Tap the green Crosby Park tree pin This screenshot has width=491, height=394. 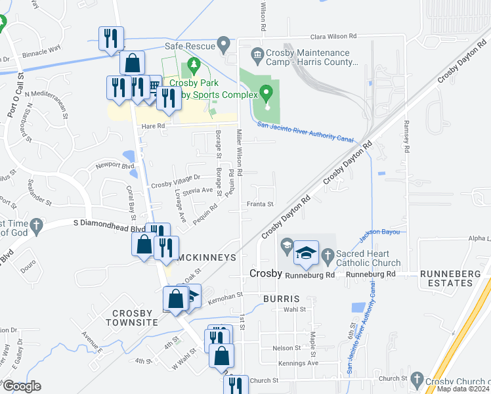click(x=193, y=66)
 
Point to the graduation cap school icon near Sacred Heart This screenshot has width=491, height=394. click(x=306, y=254)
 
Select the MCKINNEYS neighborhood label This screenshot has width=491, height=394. click(x=205, y=257)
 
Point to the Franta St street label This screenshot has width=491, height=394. click(x=260, y=204)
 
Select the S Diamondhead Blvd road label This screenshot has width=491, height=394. click(x=109, y=225)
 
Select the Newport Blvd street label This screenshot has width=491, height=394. click(x=114, y=166)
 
